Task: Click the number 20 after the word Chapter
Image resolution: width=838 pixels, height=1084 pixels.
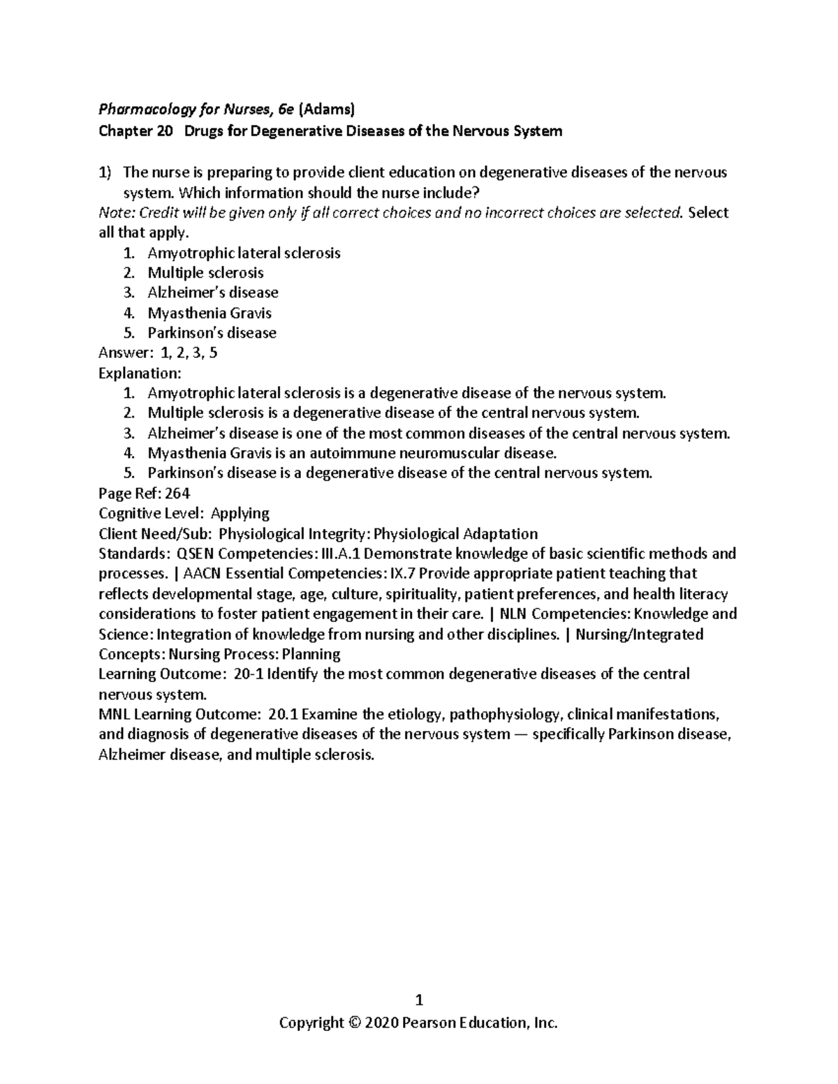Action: [164, 131]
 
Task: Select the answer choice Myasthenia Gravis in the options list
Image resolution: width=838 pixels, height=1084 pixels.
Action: [209, 313]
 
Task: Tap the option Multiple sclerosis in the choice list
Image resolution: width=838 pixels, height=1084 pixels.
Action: [205, 273]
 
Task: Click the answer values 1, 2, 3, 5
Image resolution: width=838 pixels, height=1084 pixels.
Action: [189, 353]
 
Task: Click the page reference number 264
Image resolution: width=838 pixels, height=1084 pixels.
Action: [177, 493]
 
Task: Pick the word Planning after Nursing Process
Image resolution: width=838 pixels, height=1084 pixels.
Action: [311, 654]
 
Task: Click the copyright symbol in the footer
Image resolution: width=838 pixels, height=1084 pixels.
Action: [353, 1023]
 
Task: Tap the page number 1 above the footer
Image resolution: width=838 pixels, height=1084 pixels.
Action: [419, 1000]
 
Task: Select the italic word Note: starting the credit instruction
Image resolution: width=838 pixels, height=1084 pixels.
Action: [117, 213]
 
